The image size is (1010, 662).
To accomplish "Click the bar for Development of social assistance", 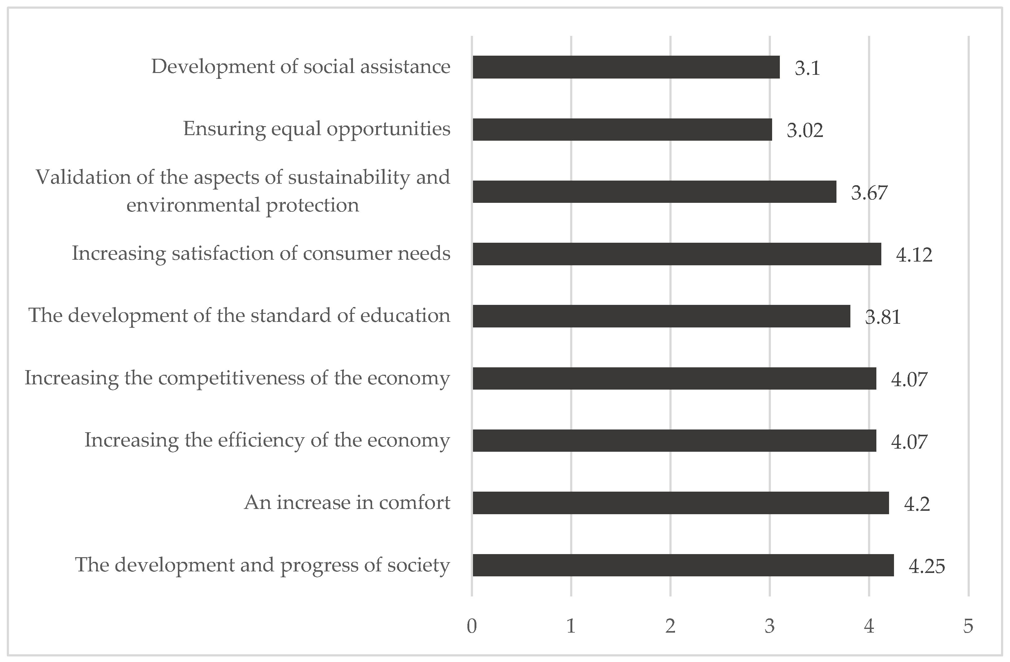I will click(x=626, y=67).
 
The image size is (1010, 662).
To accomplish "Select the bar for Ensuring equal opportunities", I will click(x=622, y=129).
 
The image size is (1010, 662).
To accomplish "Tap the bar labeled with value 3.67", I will click(x=654, y=192).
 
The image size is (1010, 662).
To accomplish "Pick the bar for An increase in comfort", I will click(x=681, y=503).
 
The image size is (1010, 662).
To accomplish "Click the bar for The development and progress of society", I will click(x=683, y=565).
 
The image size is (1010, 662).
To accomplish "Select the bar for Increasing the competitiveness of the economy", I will click(x=674, y=378).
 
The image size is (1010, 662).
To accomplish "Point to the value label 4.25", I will click(x=927, y=566).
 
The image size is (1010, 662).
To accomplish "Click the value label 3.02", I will click(x=805, y=130).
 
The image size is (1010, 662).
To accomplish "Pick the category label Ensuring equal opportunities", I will click(x=316, y=129).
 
